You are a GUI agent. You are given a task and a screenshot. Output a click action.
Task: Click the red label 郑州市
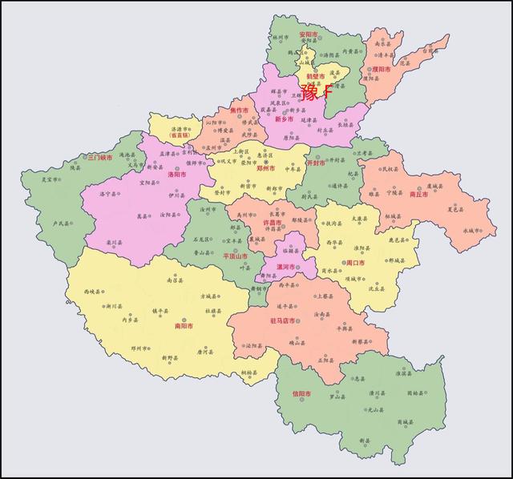coord(265,169)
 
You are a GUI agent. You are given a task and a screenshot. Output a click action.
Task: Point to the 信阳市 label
coord(301,393)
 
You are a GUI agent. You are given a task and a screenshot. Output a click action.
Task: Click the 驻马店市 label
coord(283,320)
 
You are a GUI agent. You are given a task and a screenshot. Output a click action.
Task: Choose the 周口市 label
coord(355,262)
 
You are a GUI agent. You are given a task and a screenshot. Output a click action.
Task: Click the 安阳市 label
coord(308,34)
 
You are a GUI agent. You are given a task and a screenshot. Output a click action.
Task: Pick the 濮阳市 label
coord(381,69)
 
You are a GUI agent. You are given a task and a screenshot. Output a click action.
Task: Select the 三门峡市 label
coord(101,157)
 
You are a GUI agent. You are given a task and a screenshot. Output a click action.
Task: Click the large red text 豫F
coord(316,90)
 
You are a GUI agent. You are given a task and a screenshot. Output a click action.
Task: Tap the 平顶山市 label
coord(236,256)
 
